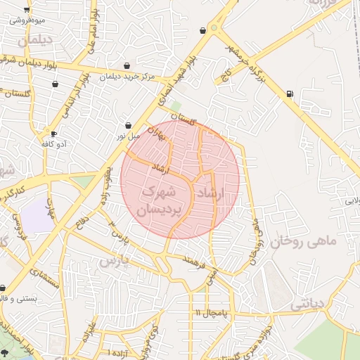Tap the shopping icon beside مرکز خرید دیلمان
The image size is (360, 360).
coord(127,66)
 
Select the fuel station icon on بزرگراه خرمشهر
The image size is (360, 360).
coord(290,94)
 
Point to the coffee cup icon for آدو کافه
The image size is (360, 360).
coord(53,134)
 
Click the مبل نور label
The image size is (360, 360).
coord(129,135)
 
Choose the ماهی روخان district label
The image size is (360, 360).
coord(304,241)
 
